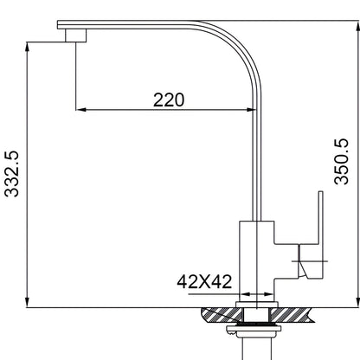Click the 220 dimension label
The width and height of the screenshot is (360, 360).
coord(169,100)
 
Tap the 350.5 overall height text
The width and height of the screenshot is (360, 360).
coord(341,162)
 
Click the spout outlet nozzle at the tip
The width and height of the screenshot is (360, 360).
coord(75,35)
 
